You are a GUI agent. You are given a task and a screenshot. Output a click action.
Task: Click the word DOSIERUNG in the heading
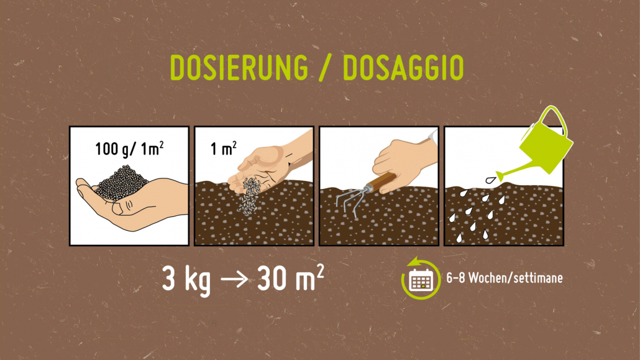(239, 67)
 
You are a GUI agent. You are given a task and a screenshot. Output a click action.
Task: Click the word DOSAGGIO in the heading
(403, 67)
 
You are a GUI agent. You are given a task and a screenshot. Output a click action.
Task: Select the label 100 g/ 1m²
(129, 149)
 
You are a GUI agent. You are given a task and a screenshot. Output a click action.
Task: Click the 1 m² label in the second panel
(223, 149)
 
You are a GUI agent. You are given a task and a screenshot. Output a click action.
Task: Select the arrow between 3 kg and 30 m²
(234, 280)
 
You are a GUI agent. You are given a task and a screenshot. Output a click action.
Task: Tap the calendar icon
(421, 280)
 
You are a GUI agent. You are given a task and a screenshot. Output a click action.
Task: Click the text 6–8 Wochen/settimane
(505, 279)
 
